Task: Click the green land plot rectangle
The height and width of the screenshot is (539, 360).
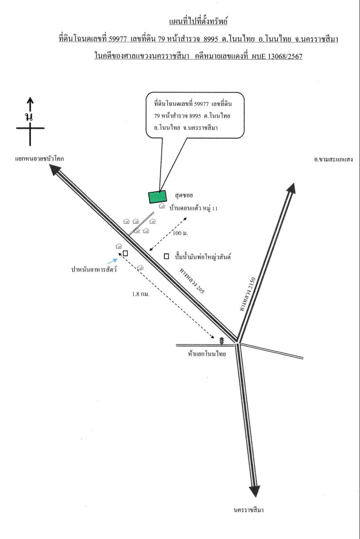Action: click(158, 197)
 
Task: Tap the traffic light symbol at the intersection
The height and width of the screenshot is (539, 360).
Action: click(222, 341)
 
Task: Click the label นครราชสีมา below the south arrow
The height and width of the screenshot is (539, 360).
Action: click(248, 510)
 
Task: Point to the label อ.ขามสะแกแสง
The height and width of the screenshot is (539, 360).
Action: click(333, 159)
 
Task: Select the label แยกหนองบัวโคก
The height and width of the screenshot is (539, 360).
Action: click(39, 158)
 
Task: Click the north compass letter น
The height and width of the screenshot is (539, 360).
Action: click(29, 117)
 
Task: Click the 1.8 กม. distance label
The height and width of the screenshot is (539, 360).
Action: click(141, 294)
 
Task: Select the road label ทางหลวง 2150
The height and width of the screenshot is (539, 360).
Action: click(247, 294)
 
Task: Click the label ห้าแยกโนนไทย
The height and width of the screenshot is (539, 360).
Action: click(207, 353)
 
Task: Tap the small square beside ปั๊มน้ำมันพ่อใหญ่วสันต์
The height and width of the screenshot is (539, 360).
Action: click(167, 256)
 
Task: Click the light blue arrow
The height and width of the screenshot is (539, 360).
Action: click(113, 261)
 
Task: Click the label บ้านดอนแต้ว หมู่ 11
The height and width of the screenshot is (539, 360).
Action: click(193, 208)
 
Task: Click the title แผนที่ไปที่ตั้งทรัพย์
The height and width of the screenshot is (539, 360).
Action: click(198, 22)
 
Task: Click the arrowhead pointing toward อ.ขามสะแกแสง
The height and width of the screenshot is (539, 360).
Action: click(292, 188)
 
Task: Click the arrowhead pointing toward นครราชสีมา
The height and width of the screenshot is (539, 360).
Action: click(255, 492)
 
